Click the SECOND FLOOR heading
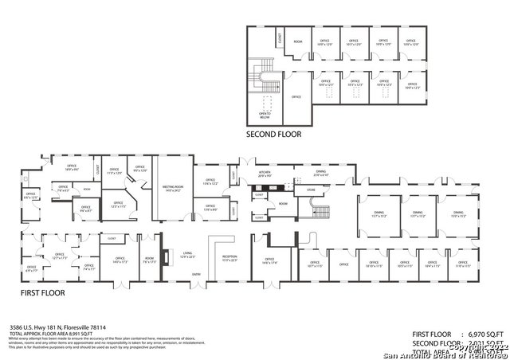click(x=273, y=135)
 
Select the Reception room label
click(x=229, y=258)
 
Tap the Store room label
click(x=312, y=190)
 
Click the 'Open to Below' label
click(x=265, y=113)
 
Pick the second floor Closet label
click(x=280, y=39)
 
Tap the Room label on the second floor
click(x=298, y=41)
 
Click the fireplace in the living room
click(x=165, y=257)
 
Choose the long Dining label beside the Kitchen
click(x=321, y=174)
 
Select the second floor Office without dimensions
click(x=296, y=96)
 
